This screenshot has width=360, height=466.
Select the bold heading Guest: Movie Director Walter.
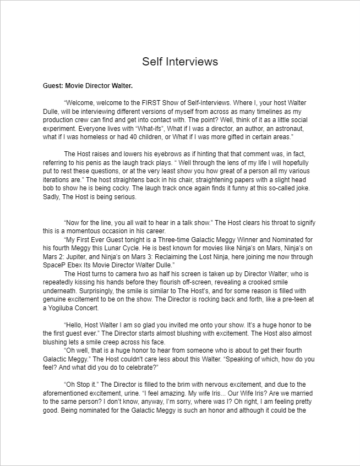(x=88, y=86)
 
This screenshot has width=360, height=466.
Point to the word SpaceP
(x=53, y=265)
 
